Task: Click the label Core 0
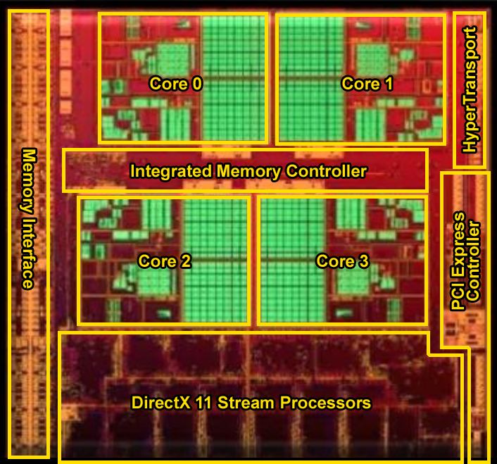(x=175, y=84)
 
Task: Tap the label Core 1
(x=367, y=84)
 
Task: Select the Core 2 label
(x=165, y=261)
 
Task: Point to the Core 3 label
(x=343, y=261)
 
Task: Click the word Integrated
(x=171, y=172)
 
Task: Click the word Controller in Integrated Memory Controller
(x=326, y=171)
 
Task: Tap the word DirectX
(x=161, y=403)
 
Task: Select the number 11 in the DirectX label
(x=203, y=403)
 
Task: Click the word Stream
(x=246, y=403)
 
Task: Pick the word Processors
(x=325, y=403)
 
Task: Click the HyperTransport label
(x=470, y=89)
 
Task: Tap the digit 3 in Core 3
(x=364, y=261)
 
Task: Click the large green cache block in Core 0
(x=234, y=78)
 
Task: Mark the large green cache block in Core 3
(x=293, y=260)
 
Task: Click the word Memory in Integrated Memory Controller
(x=249, y=172)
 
